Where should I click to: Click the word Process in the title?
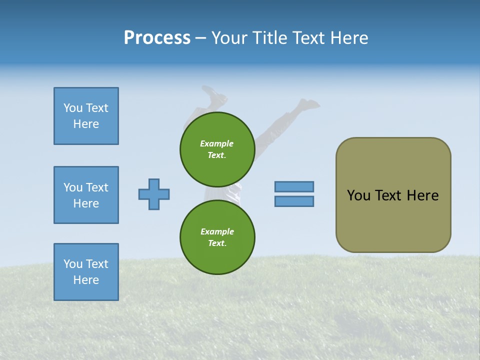[x=157, y=38]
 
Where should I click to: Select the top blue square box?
[x=86, y=116]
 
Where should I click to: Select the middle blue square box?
[x=86, y=195]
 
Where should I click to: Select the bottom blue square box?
[x=86, y=272]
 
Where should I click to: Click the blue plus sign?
[x=154, y=194]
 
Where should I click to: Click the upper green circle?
[x=217, y=149]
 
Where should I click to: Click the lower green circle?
[x=217, y=237]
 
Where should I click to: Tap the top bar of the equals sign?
[x=294, y=186]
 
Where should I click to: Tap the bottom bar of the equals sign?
[x=294, y=201]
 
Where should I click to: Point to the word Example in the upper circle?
[x=217, y=143]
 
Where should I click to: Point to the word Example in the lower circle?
[x=217, y=231]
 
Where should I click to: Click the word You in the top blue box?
[x=72, y=108]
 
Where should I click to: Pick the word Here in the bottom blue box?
[x=86, y=280]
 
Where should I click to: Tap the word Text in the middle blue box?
[x=97, y=187]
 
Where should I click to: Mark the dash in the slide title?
[x=201, y=38]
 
